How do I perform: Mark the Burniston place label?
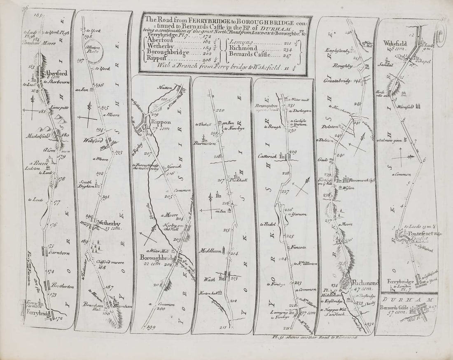(204, 144)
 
